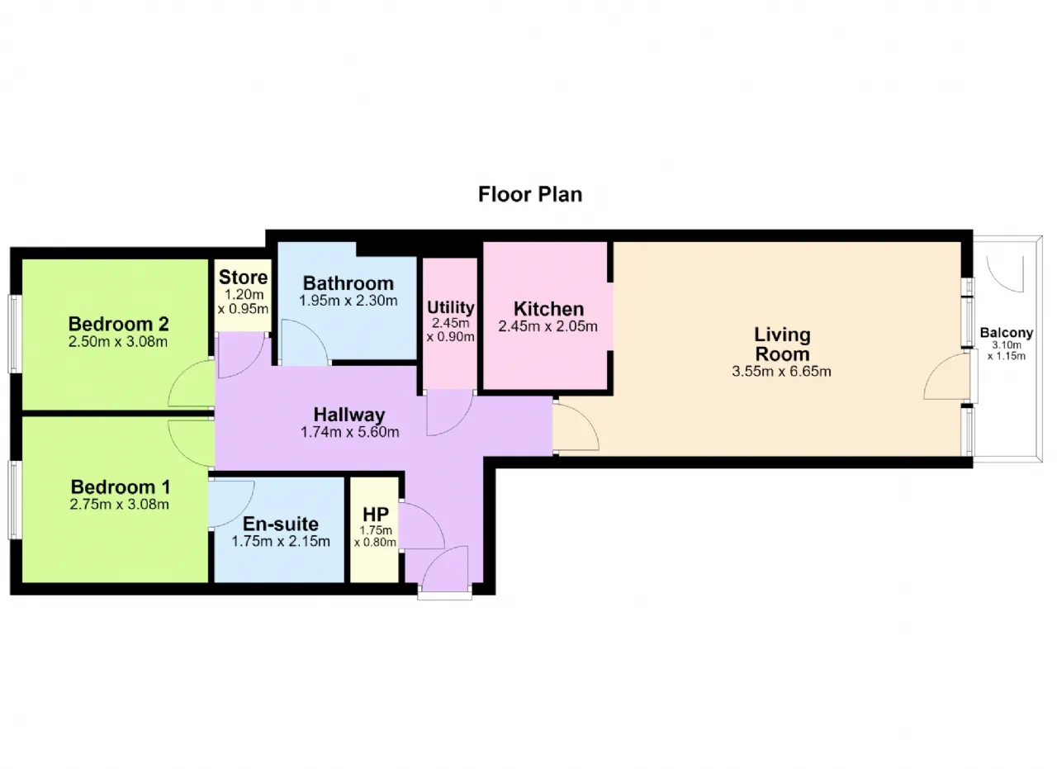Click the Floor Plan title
(x=530, y=194)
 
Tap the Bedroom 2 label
(x=118, y=324)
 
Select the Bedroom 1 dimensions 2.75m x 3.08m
(x=120, y=504)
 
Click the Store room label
(x=243, y=277)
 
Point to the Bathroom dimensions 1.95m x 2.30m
(x=348, y=300)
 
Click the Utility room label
(x=451, y=307)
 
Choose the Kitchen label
(x=548, y=309)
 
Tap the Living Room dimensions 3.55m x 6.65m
(x=781, y=371)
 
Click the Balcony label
(x=1007, y=333)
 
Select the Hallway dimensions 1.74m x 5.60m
(x=349, y=431)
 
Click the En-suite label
(x=280, y=524)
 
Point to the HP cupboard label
(x=376, y=514)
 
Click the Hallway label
(x=349, y=415)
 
